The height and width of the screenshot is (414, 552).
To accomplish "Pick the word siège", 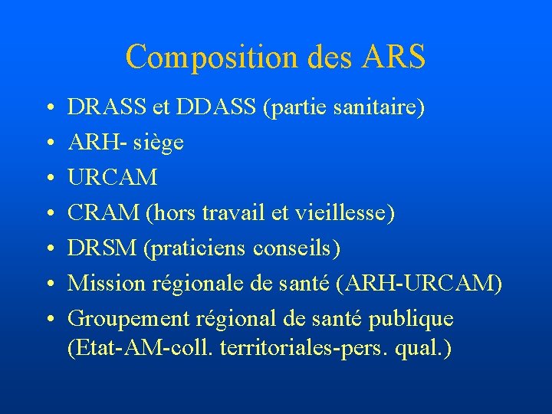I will tap(157, 143).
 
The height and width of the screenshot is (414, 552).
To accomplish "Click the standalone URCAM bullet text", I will tap(113, 178).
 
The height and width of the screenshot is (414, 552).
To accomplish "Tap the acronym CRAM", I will tap(103, 213).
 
